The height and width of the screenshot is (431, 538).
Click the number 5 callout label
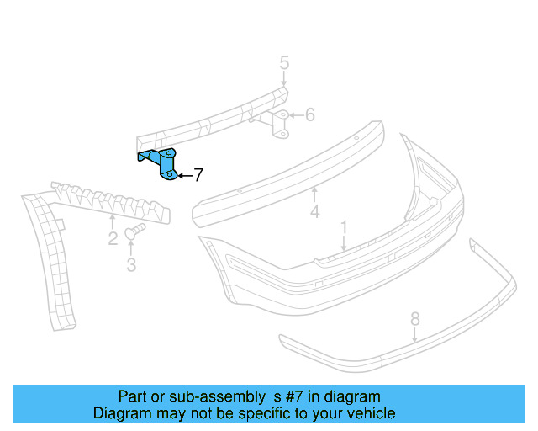point(284,62)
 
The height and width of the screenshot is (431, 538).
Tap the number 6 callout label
point(309,114)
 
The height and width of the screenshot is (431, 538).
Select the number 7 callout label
point(198,175)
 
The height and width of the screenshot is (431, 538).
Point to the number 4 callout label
point(314,211)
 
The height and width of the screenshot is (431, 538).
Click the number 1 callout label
point(344,227)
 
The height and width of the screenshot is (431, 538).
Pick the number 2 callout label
point(113,239)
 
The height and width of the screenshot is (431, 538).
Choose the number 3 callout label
point(131,266)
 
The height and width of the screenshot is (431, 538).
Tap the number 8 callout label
point(414,318)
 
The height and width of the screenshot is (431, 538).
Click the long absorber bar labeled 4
point(286,173)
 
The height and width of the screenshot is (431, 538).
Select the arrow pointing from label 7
point(183,175)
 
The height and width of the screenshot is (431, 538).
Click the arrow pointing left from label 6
point(295,114)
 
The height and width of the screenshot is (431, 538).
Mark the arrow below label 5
point(284,79)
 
